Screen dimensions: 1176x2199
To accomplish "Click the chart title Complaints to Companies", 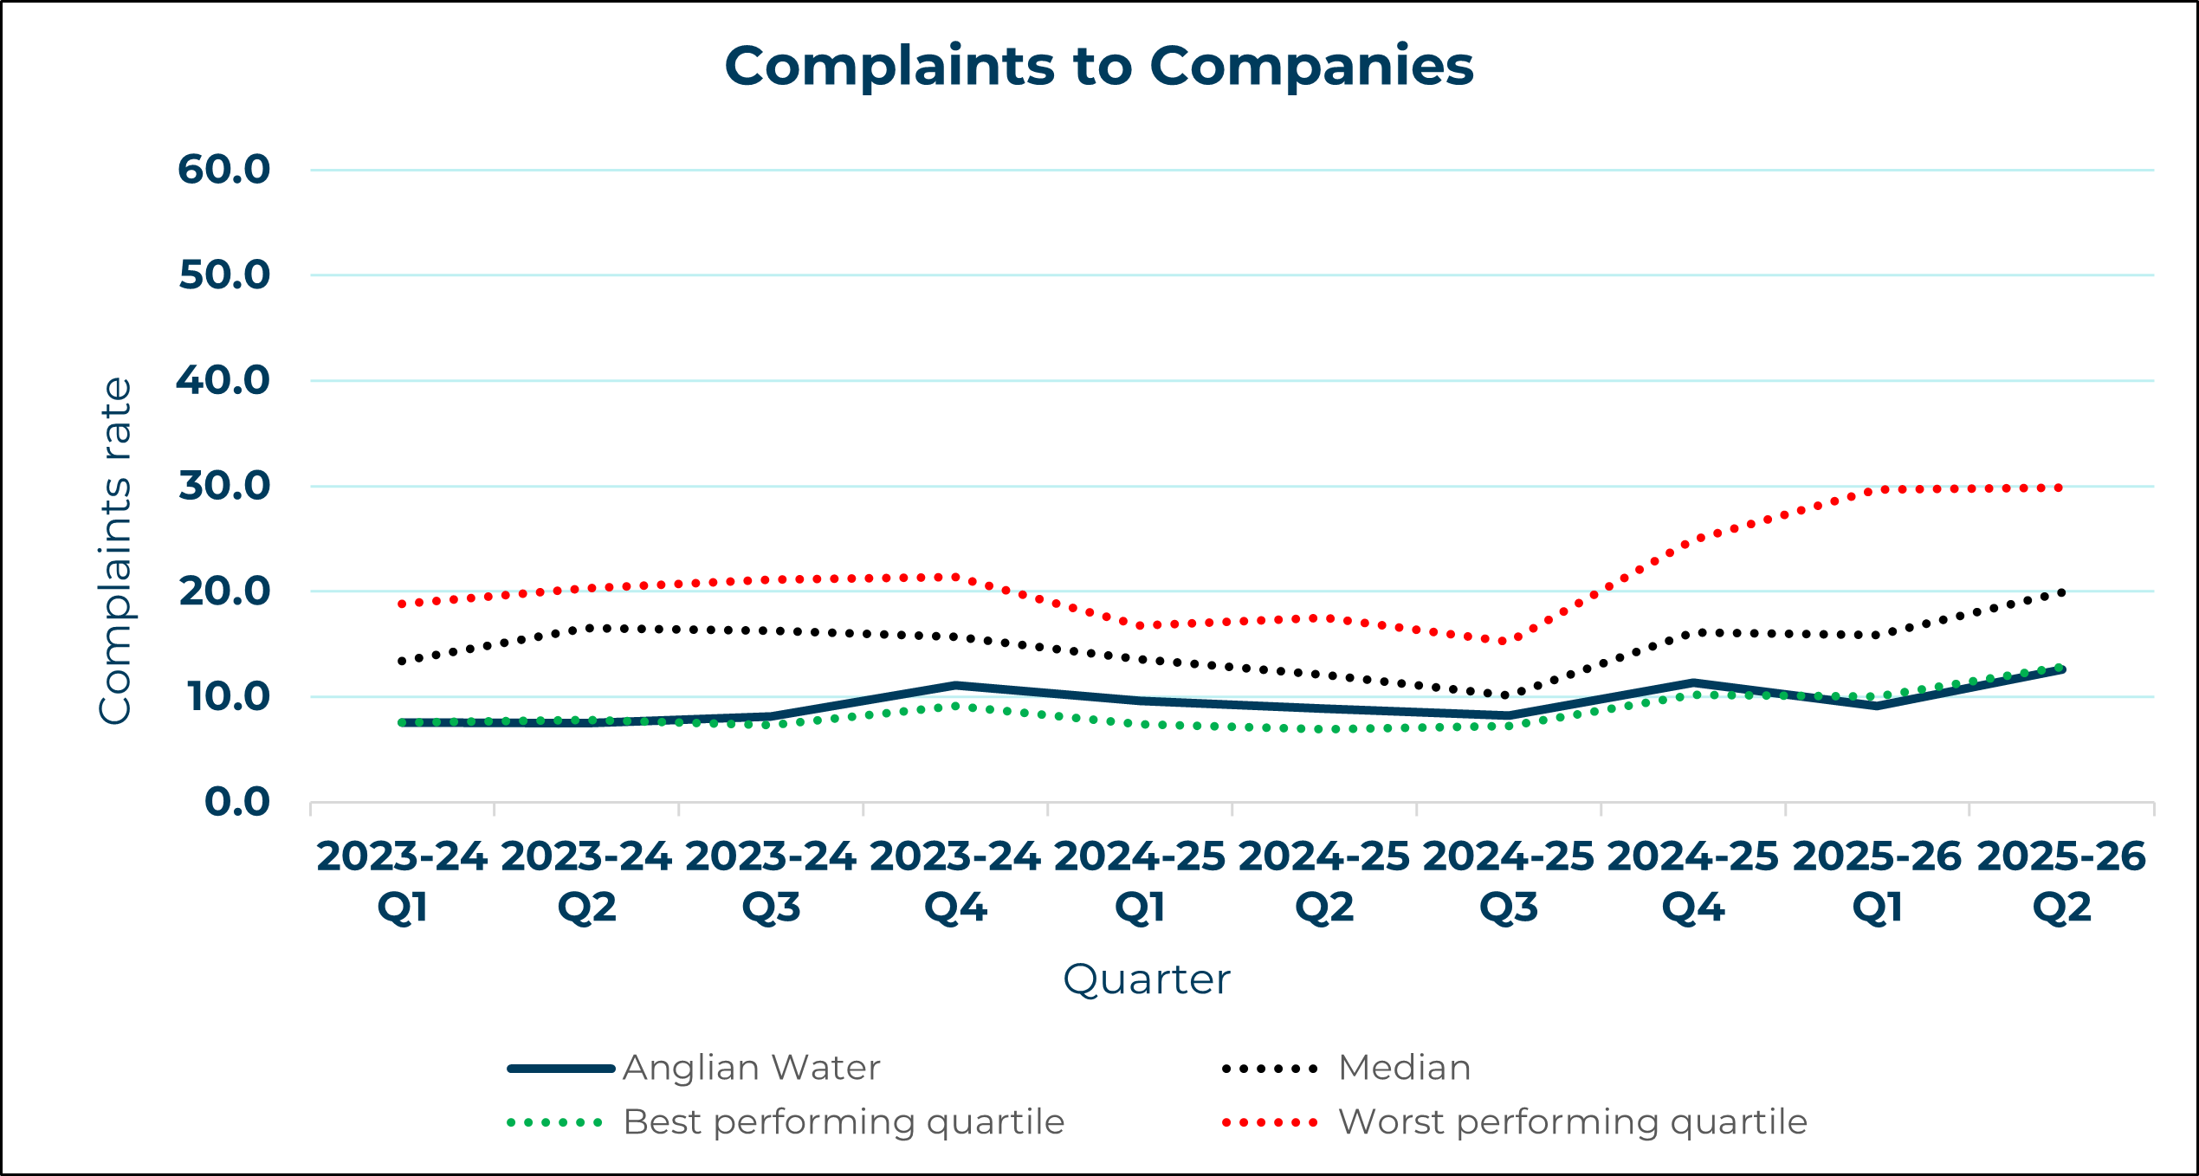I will click(x=1098, y=67).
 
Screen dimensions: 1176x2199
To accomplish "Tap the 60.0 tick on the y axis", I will click(x=224, y=170).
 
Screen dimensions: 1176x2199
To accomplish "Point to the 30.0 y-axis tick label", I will click(x=224, y=487).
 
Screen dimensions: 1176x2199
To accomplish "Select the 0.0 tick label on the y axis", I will click(x=236, y=803).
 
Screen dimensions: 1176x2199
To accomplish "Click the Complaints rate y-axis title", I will click(x=115, y=551).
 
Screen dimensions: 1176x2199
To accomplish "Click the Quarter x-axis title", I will click(x=1146, y=979).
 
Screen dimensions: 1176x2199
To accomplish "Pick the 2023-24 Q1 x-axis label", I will click(x=403, y=881).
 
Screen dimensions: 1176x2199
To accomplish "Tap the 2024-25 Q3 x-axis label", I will click(x=1508, y=881).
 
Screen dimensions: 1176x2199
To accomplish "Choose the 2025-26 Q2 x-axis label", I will click(x=2061, y=881).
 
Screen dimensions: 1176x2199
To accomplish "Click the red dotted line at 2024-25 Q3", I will click(x=1508, y=641).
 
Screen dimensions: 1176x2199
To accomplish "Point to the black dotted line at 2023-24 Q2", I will click(x=587, y=629).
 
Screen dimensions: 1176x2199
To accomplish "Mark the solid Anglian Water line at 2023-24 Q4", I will click(x=955, y=686).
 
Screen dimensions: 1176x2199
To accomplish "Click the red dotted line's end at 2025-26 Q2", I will click(x=2060, y=488).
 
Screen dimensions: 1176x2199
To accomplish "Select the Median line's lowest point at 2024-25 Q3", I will click(x=1508, y=695).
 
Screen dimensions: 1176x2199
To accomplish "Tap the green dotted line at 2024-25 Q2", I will click(x=1324, y=729).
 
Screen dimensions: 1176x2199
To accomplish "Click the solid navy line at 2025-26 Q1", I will click(x=1877, y=706).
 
